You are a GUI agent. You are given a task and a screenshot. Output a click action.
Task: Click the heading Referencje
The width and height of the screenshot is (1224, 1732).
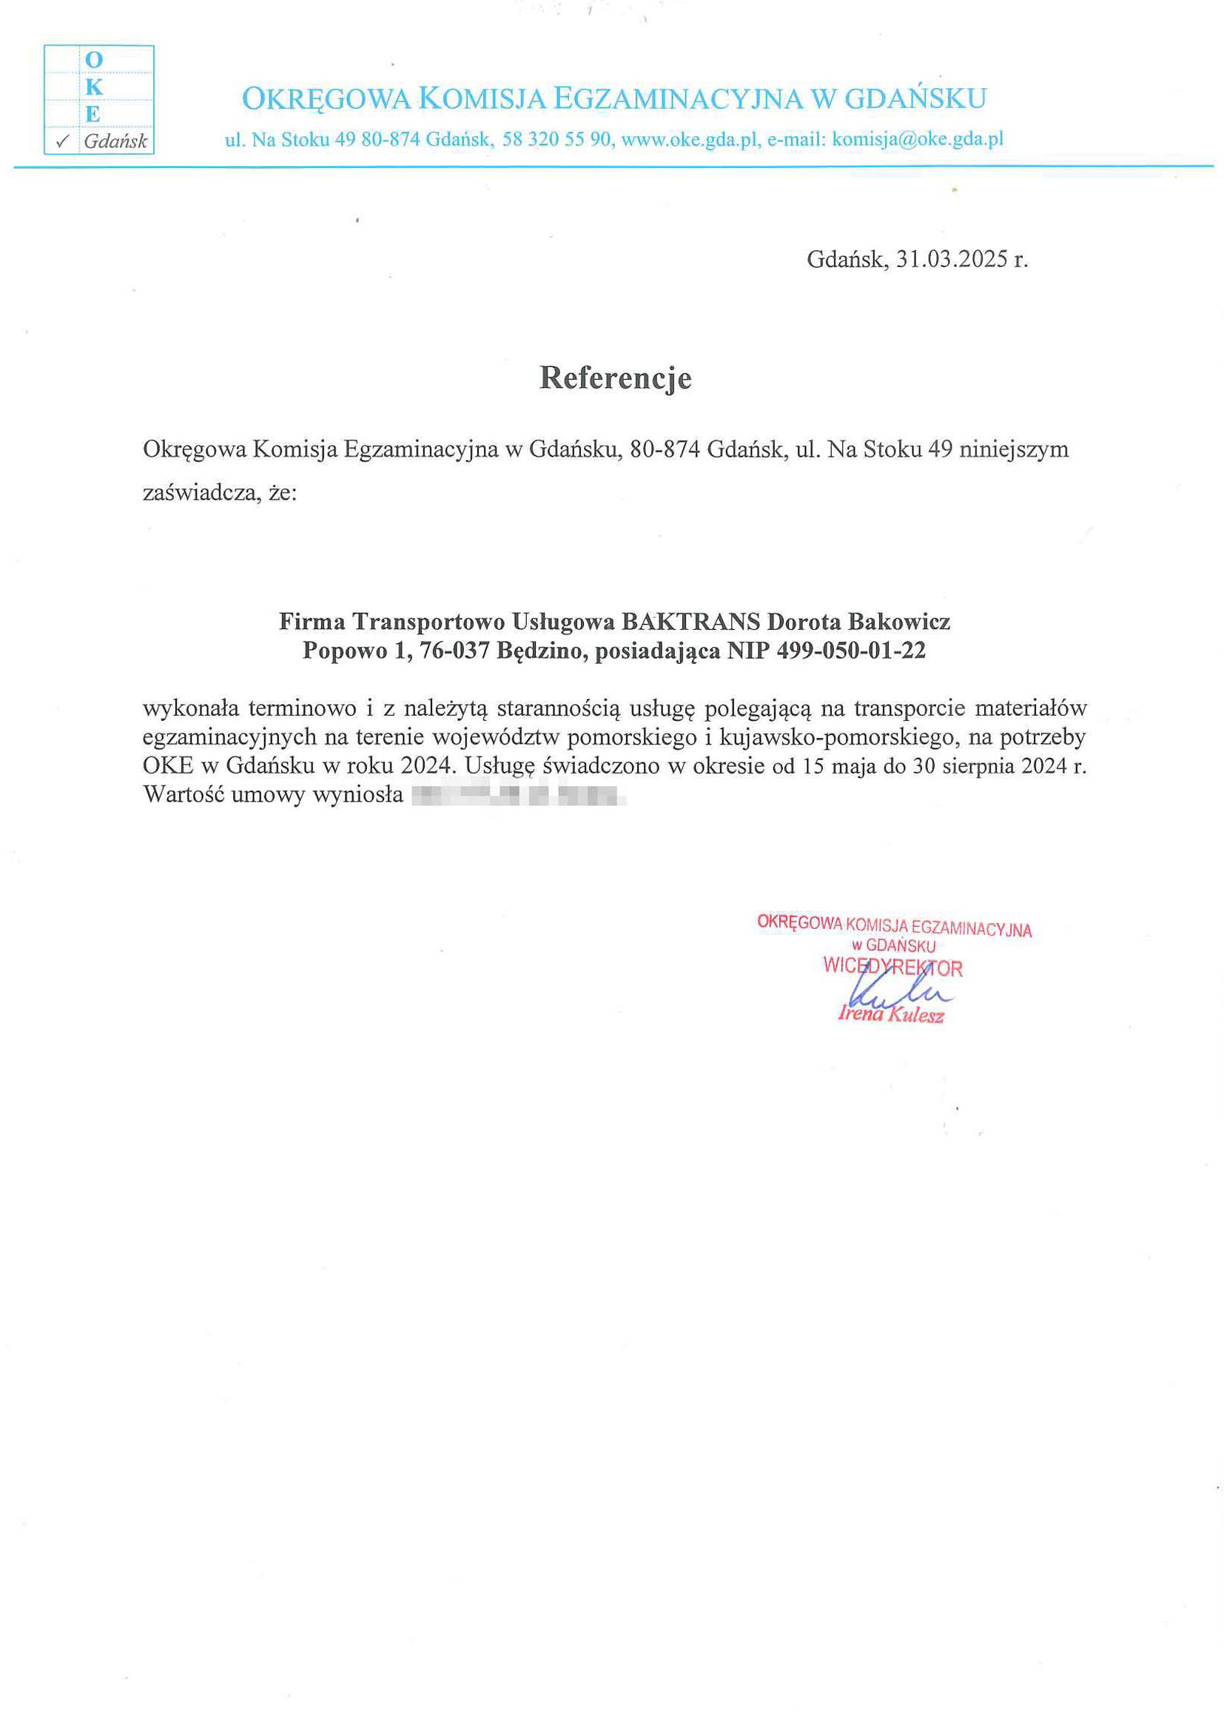[615, 378]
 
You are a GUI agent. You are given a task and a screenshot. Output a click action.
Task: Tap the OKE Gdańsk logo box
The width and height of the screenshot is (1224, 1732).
[99, 100]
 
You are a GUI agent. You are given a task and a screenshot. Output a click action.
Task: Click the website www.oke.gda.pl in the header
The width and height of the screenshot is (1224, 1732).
[688, 140]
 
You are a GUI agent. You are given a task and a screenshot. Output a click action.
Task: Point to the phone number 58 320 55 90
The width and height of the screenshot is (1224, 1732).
[556, 140]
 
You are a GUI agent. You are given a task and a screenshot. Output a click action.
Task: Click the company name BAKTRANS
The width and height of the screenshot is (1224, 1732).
[690, 622]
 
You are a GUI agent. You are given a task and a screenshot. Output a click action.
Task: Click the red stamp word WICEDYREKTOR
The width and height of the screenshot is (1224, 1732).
[893, 968]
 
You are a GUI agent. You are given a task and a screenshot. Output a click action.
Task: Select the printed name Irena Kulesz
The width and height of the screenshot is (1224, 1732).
[891, 1016]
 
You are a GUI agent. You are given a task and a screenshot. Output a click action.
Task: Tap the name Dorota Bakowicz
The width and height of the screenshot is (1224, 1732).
[858, 622]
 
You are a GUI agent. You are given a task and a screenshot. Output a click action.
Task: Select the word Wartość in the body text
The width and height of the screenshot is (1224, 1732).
[184, 795]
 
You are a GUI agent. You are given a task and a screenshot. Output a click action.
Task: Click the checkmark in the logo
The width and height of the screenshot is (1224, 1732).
[64, 141]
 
